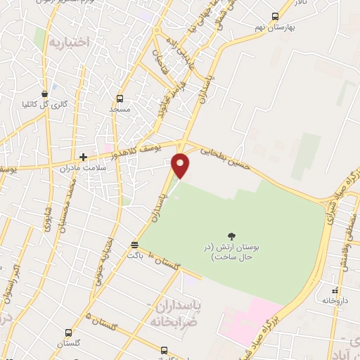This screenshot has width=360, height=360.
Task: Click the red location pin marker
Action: click(x=181, y=164)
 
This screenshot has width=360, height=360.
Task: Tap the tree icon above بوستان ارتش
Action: click(x=232, y=236)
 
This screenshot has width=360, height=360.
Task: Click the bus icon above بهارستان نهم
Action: click(x=275, y=15)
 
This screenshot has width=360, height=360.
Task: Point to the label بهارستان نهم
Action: click(x=274, y=27)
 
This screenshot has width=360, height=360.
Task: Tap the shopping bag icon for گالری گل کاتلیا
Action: click(x=45, y=93)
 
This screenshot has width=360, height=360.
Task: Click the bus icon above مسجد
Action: click(x=119, y=98)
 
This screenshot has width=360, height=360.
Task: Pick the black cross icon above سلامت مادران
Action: click(x=83, y=157)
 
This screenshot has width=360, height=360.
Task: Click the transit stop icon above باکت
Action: click(x=134, y=245)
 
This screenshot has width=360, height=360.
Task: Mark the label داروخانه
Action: click(x=335, y=301)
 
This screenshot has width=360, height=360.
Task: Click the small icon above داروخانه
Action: click(x=335, y=290)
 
